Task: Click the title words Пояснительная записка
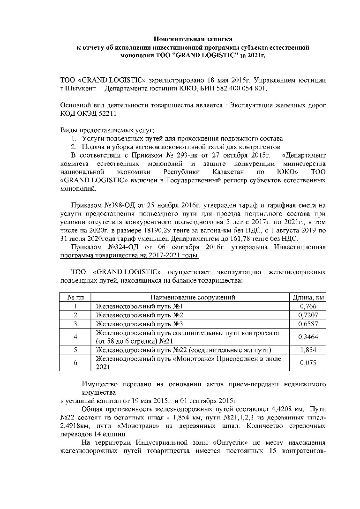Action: [x=194, y=40]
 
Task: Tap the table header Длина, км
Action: [x=308, y=297]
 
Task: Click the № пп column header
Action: [x=75, y=297]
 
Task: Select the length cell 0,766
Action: [x=308, y=306]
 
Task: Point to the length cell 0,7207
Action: [x=308, y=315]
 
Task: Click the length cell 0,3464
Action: [x=308, y=337]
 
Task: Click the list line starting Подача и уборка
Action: [x=180, y=147]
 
